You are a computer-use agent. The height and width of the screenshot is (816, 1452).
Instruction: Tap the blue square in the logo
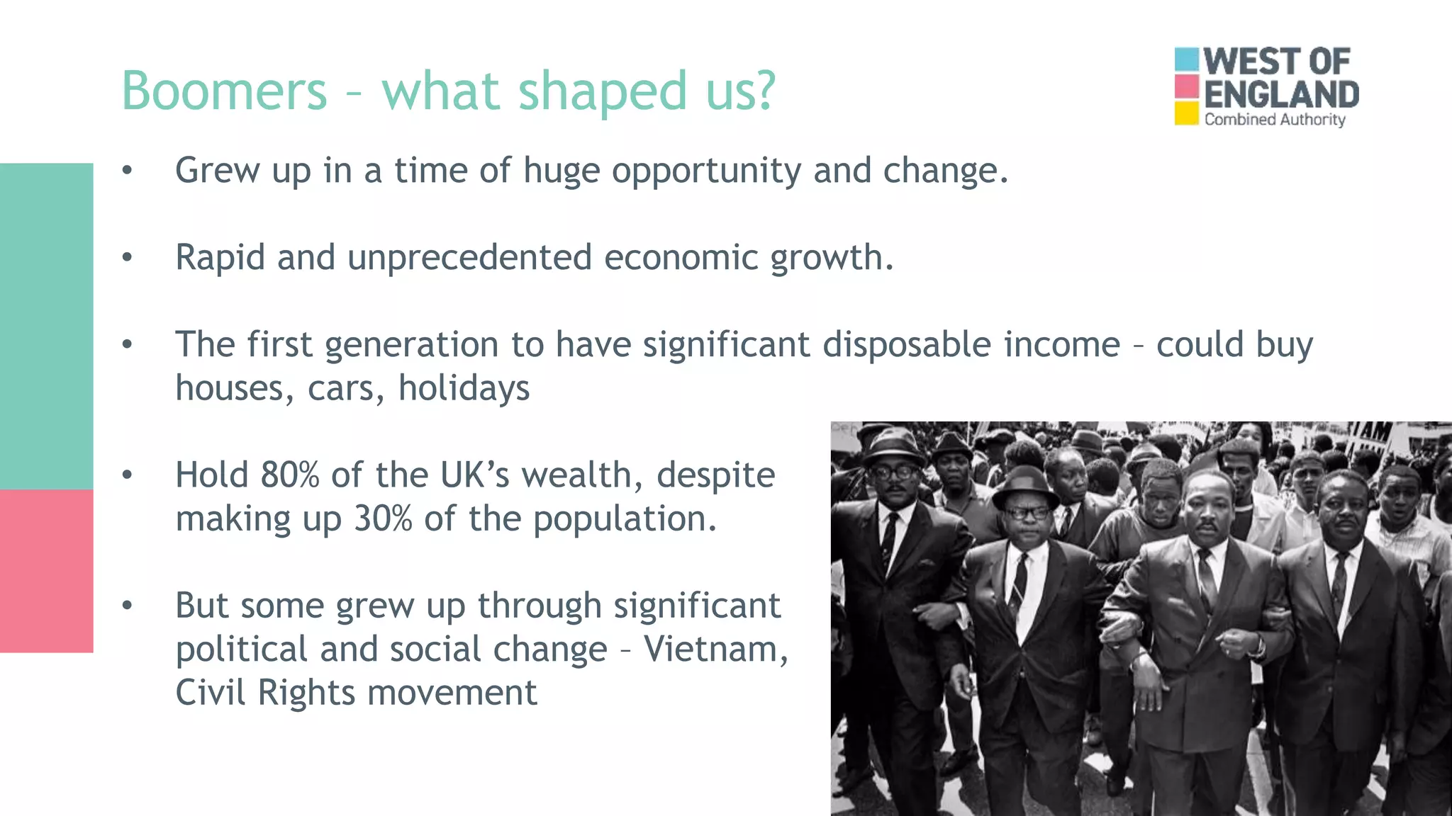coord(1186,59)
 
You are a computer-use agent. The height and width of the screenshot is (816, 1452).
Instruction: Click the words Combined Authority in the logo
coord(1274,119)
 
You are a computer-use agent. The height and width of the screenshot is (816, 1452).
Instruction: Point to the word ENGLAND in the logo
coord(1281,94)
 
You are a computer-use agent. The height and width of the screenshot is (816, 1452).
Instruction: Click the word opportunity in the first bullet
coord(706,171)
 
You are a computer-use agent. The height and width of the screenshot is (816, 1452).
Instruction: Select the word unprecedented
coord(469,257)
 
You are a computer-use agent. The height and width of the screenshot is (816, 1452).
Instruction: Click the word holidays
coord(464,389)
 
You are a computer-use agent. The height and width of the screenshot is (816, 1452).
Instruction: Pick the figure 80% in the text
coord(290,475)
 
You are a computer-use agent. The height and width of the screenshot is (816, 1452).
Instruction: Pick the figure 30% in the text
coord(383,518)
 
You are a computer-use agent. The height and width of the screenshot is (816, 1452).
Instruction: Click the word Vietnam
coord(715,649)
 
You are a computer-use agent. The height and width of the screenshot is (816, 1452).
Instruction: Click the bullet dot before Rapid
coord(127,257)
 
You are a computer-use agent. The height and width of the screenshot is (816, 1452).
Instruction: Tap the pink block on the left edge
coord(46,570)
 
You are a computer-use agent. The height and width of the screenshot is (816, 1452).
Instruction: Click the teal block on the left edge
coord(46,326)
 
